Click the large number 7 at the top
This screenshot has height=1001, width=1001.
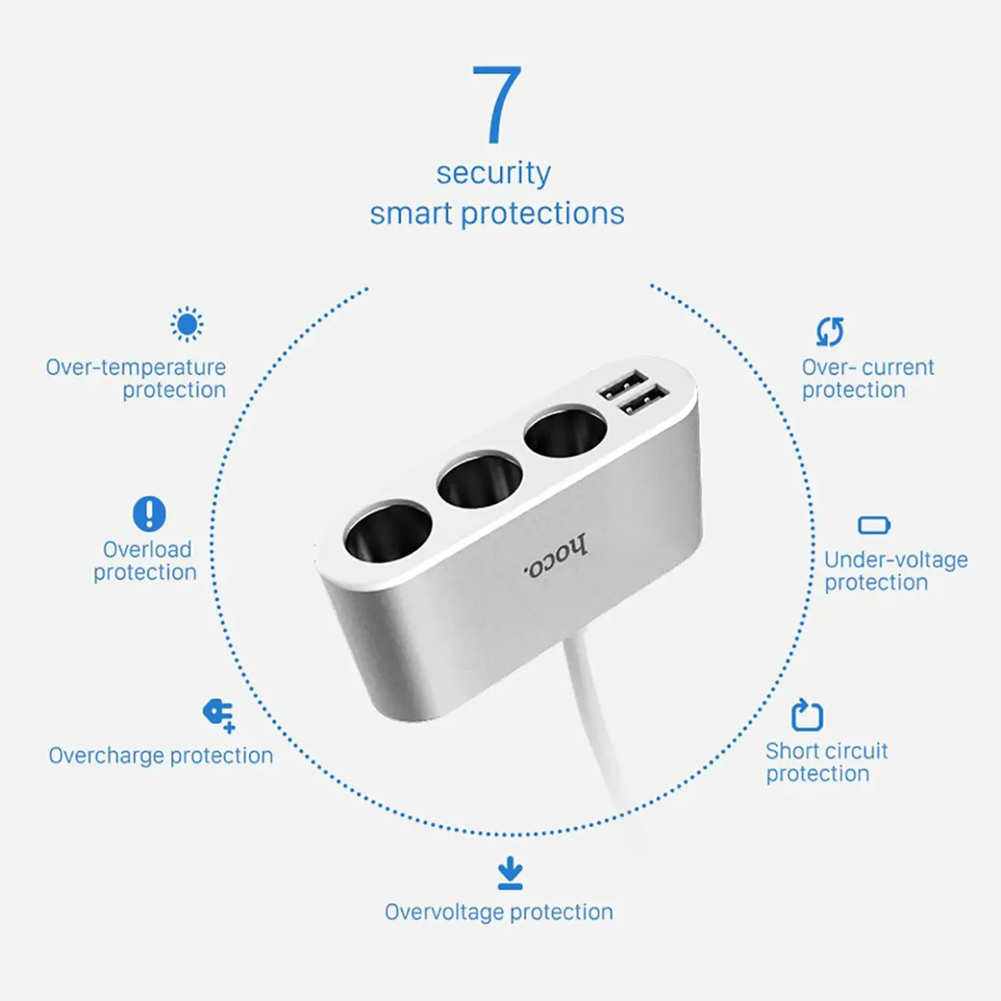coord(497,104)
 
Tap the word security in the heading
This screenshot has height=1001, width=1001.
coord(493,173)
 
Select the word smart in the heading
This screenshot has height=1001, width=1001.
coord(411,213)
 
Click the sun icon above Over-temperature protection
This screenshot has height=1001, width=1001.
coord(187,324)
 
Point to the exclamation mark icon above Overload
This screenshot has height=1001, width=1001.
coord(149,514)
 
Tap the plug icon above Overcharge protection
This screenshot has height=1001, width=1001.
coord(219,715)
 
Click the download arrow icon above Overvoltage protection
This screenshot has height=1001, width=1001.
coord(510,872)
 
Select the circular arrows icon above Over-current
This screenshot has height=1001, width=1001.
coord(829,332)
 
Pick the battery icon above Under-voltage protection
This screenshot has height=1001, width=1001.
coord(875,525)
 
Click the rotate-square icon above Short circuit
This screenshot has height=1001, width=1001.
coord(807,715)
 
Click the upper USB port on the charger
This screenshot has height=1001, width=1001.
coord(623,384)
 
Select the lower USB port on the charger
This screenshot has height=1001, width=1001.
coord(644,399)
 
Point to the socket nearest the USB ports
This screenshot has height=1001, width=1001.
coord(566,435)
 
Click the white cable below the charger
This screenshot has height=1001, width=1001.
coord(598,727)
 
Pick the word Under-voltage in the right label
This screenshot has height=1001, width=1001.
coord(896,560)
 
